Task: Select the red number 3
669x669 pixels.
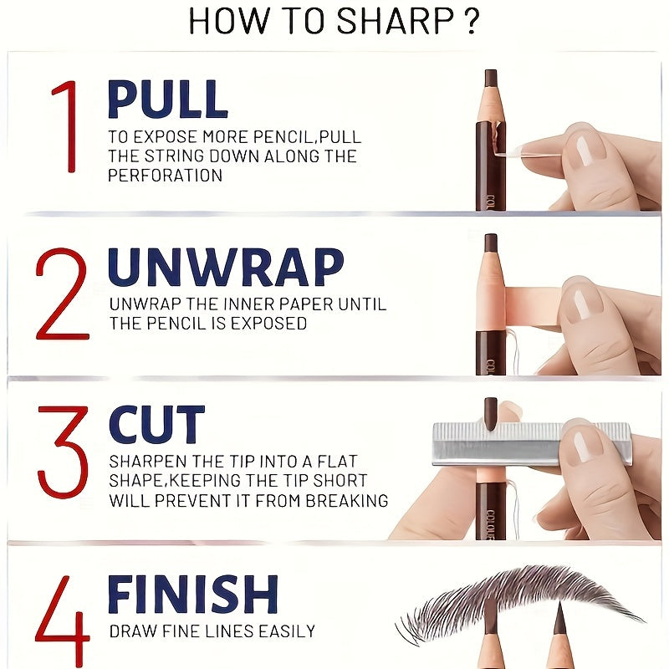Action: pyautogui.click(x=62, y=452)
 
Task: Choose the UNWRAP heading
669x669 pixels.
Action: pyautogui.click(x=226, y=268)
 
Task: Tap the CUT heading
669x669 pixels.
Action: pyautogui.click(x=156, y=424)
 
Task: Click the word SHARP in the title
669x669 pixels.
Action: pyautogui.click(x=386, y=22)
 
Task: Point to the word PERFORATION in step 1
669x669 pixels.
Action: pyautogui.click(x=165, y=176)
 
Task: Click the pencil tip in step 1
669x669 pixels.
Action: pyautogui.click(x=491, y=79)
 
